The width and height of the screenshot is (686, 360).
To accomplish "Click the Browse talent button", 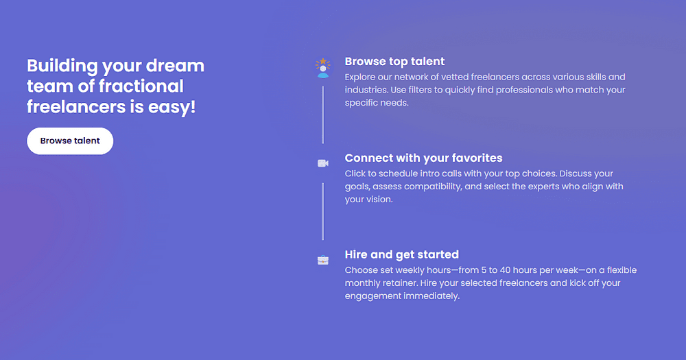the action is pos(70,141).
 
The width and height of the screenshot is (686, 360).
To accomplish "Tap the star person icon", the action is pos(323,68).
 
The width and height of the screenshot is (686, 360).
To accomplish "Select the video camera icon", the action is pos(323,163).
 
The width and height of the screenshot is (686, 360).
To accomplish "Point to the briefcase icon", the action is pos(323,260).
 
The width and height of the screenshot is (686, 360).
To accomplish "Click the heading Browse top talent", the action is pos(394,62).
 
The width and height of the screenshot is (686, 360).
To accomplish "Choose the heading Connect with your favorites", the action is pos(423,158).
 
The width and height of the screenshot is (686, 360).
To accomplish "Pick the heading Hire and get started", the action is pos(401,254).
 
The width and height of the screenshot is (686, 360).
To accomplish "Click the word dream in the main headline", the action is pos(175,66).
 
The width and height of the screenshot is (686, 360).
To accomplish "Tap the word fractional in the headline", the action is pos(141,86).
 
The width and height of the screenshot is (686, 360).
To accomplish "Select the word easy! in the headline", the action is pos(172,107).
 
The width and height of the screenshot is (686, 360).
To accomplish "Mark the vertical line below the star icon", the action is pos(323,115).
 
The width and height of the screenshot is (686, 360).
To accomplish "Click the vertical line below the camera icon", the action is pos(323,211).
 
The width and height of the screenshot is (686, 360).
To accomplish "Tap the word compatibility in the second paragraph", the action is pos(432,187).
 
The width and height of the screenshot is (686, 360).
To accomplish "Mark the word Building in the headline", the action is pos(62,66).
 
